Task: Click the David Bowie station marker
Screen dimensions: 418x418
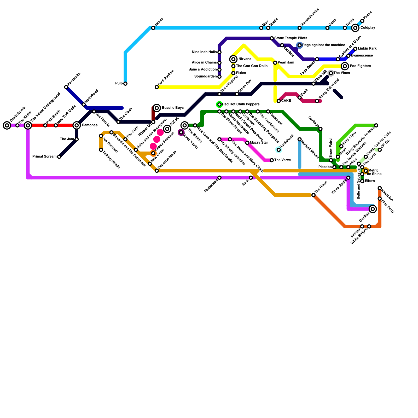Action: coord(7,125)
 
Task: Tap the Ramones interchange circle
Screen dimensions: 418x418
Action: coord(77,125)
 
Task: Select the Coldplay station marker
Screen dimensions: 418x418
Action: coord(355,28)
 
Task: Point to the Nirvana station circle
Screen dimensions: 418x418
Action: coord(233,59)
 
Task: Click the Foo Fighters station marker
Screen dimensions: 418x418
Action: coord(345,66)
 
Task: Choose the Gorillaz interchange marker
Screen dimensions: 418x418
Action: coord(373,209)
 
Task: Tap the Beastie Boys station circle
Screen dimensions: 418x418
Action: coord(157,108)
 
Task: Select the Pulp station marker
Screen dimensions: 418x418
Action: coord(125,84)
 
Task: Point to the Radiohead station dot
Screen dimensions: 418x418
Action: coord(219,178)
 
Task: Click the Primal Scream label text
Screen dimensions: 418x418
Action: coord(44,157)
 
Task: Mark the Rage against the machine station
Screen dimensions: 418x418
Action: coord(300,45)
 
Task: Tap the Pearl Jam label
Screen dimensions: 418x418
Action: coord(286,63)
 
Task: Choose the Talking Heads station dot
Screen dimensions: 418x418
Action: coord(101,150)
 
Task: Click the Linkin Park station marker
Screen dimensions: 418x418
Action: coord(355,49)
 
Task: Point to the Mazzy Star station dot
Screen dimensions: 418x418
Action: coord(247,143)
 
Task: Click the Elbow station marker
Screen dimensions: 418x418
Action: coord(362,181)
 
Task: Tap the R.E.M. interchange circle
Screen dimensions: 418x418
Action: coord(167,129)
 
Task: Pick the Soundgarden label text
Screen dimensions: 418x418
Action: coord(206,77)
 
